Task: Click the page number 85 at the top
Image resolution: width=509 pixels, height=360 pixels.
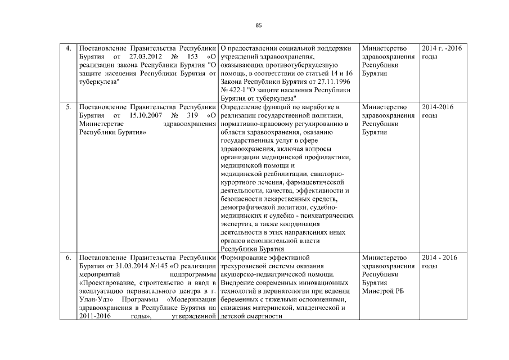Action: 259,25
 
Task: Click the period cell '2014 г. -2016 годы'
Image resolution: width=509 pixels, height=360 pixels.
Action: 442,53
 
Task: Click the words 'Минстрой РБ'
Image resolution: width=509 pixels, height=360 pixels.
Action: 383,291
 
